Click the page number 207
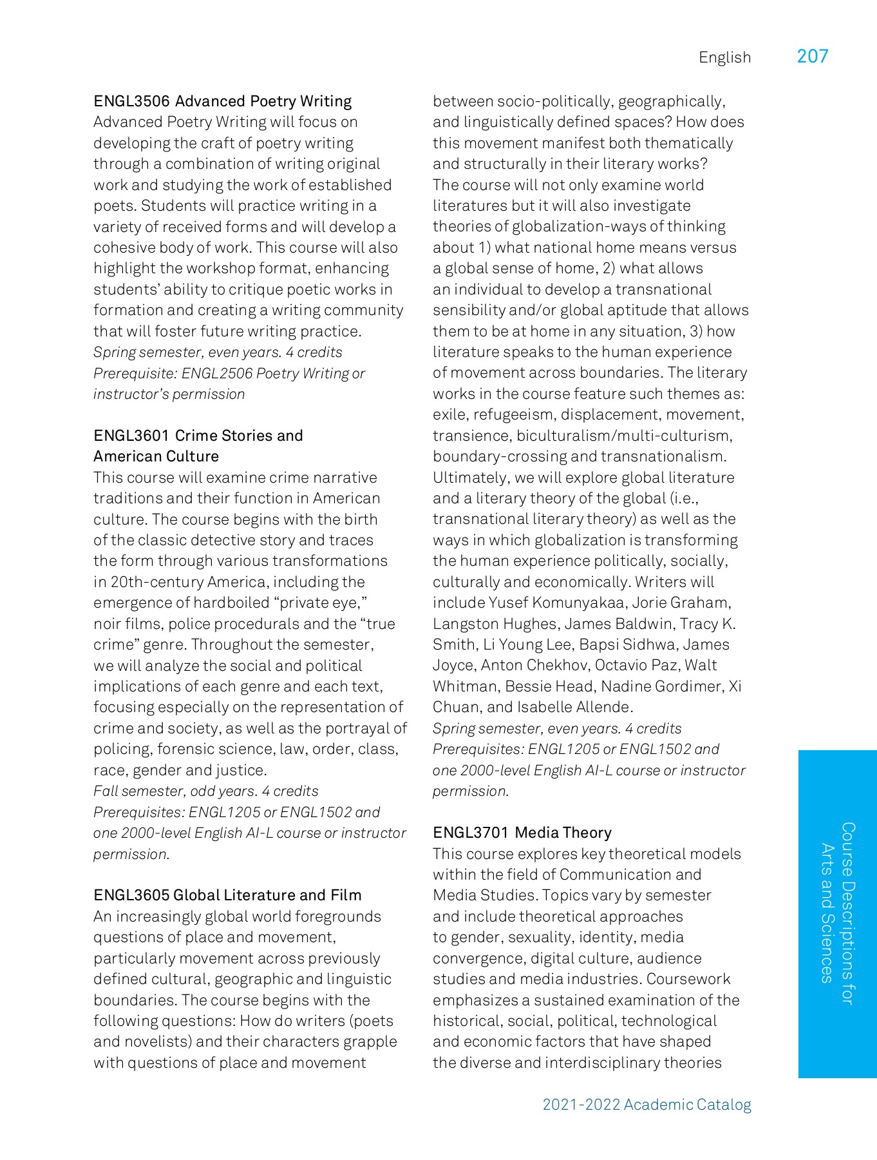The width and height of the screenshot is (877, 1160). coord(812,57)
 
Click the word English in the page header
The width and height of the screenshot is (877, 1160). coord(724,58)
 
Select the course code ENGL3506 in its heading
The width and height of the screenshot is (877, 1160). coord(131,101)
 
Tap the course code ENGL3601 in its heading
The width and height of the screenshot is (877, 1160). coord(131,436)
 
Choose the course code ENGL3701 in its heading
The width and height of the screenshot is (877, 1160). coord(471,833)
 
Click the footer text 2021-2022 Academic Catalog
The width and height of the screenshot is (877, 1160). coord(646,1105)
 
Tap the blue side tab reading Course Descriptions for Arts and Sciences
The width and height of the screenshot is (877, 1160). coord(837,913)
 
